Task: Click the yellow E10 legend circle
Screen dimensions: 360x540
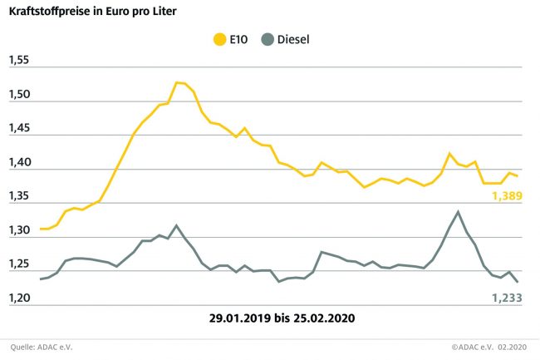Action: pos(220,39)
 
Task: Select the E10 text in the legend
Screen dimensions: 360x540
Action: pos(241,39)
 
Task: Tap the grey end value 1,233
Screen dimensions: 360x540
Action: pos(503,297)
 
